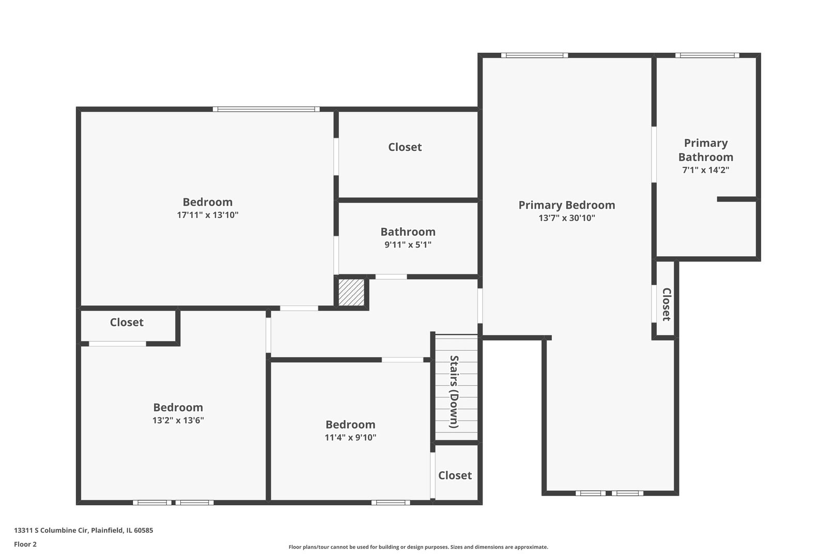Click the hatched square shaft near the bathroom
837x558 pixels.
351,292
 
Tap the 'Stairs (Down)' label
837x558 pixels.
454,392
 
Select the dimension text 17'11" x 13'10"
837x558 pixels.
208,215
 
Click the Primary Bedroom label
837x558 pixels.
566,205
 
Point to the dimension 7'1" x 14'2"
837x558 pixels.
706,170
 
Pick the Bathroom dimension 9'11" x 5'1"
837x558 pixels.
408,245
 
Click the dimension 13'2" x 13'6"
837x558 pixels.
178,420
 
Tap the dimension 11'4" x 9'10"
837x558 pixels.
350,437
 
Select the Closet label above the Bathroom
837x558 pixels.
405,147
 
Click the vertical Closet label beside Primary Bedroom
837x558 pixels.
667,304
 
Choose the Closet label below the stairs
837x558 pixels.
455,475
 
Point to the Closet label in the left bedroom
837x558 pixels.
127,322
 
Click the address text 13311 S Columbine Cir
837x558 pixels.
51,530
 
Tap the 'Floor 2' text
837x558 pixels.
25,544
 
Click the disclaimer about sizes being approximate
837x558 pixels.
419,547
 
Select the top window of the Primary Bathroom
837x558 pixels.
707,55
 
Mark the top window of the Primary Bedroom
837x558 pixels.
534,55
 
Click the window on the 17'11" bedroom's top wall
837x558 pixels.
266,109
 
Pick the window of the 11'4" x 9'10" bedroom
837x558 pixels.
391,503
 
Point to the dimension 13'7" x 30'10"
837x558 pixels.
567,218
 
